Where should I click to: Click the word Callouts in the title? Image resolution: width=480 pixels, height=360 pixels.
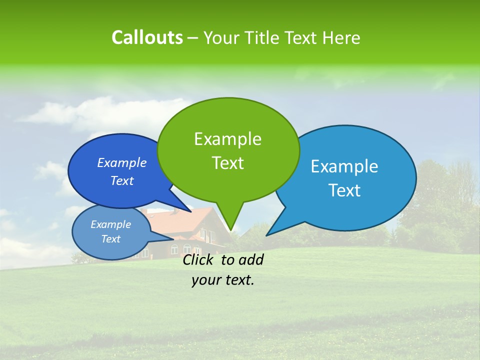(147, 37)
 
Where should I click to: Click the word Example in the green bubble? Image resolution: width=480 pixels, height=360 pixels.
(227, 139)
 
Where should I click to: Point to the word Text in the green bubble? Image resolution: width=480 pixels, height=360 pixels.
(227, 163)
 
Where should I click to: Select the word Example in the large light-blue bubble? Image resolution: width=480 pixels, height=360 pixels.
(344, 166)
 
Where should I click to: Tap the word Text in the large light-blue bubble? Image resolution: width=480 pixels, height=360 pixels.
(344, 190)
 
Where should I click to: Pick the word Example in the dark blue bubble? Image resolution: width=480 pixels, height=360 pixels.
(122, 162)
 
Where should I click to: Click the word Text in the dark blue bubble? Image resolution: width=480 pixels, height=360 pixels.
(122, 180)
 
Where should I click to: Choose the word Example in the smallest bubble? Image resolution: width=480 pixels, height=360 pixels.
(110, 224)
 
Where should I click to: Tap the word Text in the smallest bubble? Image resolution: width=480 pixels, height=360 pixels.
(110, 239)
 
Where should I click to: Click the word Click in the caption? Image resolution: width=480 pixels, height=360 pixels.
(197, 260)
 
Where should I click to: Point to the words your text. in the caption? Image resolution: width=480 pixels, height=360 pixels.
(223, 280)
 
